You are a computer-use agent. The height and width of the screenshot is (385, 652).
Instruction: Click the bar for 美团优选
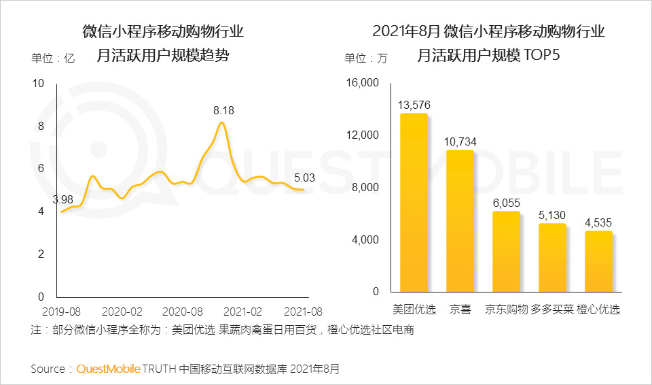(x=414, y=203)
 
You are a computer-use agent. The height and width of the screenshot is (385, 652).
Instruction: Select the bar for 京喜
(x=460, y=221)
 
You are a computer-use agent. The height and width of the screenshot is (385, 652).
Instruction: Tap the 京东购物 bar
(x=506, y=252)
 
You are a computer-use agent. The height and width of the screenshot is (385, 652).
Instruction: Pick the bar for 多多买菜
(x=552, y=258)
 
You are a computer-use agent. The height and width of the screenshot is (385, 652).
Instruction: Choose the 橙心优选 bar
(x=598, y=262)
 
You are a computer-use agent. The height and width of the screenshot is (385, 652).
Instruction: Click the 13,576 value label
(x=414, y=105)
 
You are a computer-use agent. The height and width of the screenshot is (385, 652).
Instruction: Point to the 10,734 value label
(x=460, y=141)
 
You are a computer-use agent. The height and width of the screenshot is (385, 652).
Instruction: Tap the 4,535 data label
(x=598, y=222)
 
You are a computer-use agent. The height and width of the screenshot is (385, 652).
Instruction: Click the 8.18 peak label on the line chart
(x=223, y=110)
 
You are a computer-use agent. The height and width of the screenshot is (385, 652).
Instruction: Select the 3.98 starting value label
(x=62, y=199)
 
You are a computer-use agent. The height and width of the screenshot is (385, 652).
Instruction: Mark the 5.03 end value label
(x=305, y=178)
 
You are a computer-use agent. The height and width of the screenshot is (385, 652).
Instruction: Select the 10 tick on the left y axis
(x=38, y=84)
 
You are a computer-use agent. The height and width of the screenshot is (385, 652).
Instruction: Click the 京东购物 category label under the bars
(x=506, y=309)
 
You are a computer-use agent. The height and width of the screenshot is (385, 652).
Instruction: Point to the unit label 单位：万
(x=366, y=58)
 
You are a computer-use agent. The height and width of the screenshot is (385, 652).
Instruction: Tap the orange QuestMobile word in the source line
(x=108, y=369)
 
